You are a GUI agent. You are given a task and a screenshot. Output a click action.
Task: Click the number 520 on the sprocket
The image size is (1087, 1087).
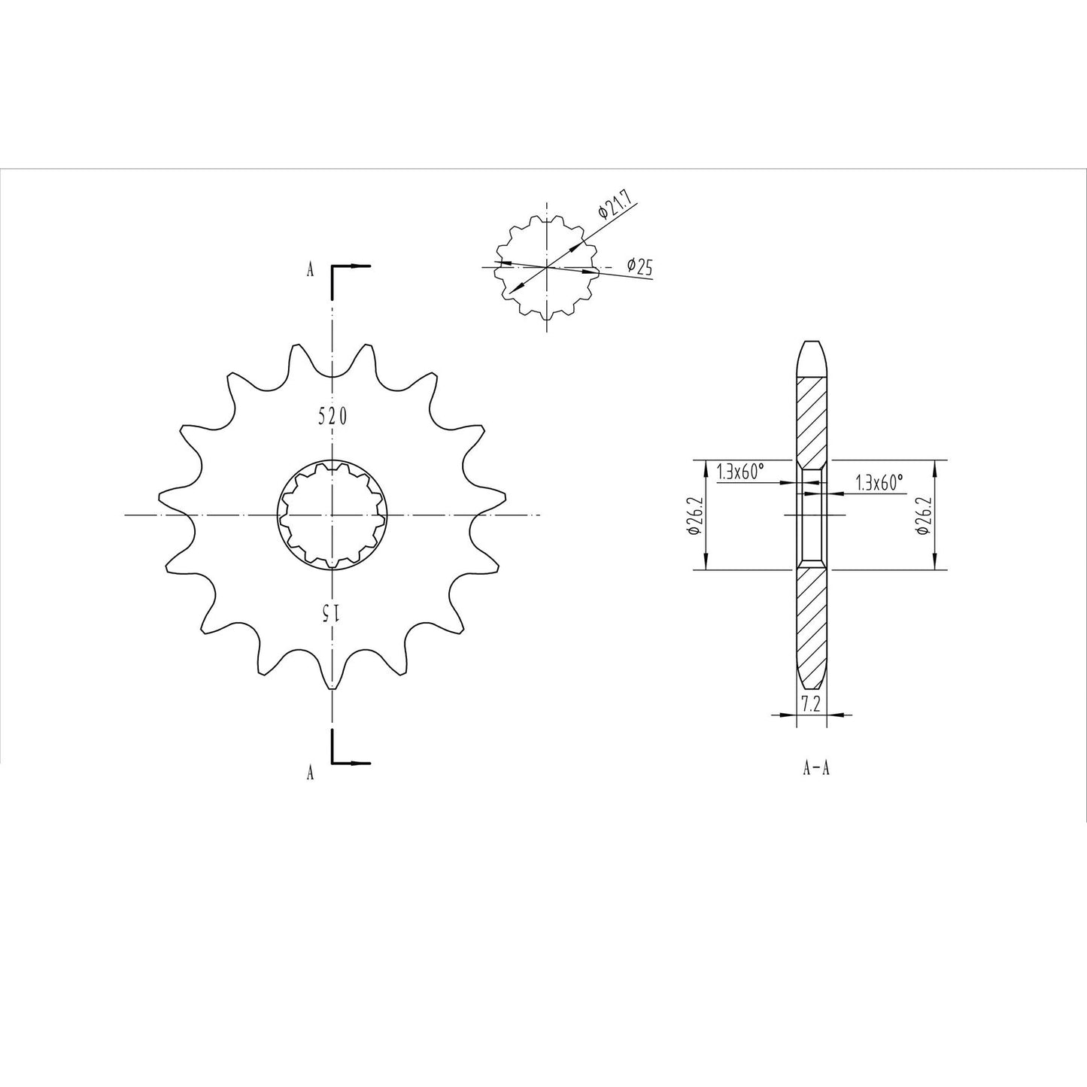click(332, 416)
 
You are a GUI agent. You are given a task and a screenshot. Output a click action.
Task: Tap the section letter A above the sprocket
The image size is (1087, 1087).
click(309, 271)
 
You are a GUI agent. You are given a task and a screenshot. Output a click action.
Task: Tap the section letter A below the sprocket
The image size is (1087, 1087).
click(309, 773)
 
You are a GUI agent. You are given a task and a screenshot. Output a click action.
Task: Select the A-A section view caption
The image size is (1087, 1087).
click(816, 769)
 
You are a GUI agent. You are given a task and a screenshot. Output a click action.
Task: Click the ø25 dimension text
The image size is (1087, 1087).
click(639, 266)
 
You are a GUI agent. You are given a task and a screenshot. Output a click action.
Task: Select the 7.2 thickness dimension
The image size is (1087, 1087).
click(810, 704)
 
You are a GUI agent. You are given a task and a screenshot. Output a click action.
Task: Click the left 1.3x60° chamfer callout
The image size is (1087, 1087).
click(741, 472)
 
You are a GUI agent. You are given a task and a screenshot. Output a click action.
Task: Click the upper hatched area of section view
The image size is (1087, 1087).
click(812, 421)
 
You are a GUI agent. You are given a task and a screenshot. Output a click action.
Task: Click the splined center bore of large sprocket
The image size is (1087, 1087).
click(332, 515)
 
